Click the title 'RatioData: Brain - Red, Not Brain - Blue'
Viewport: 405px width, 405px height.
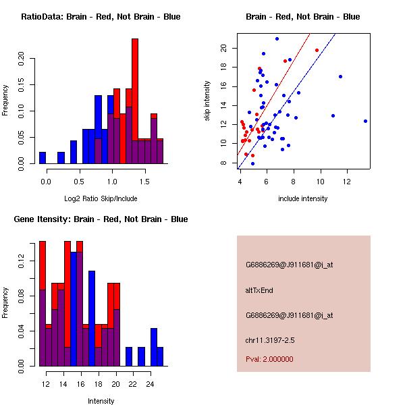pyautogui.click(x=101, y=16)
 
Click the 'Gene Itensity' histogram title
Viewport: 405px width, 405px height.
pyautogui.click(x=101, y=219)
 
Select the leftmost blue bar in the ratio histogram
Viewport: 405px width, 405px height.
pyautogui.click(x=43, y=157)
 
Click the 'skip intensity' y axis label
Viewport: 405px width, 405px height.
pyautogui.click(x=207, y=101)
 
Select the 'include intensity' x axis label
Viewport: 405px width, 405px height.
pyautogui.click(x=303, y=198)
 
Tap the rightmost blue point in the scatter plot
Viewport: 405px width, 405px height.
pyautogui.click(x=365, y=121)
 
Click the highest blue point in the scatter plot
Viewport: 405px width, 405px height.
pyautogui.click(x=277, y=39)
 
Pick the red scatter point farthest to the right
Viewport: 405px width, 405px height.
pyautogui.click(x=317, y=50)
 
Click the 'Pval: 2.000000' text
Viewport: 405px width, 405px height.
pyautogui.click(x=269, y=359)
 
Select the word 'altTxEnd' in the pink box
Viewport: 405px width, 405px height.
pyautogui.click(x=259, y=290)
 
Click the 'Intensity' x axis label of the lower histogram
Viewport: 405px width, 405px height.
pyautogui.click(x=101, y=401)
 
